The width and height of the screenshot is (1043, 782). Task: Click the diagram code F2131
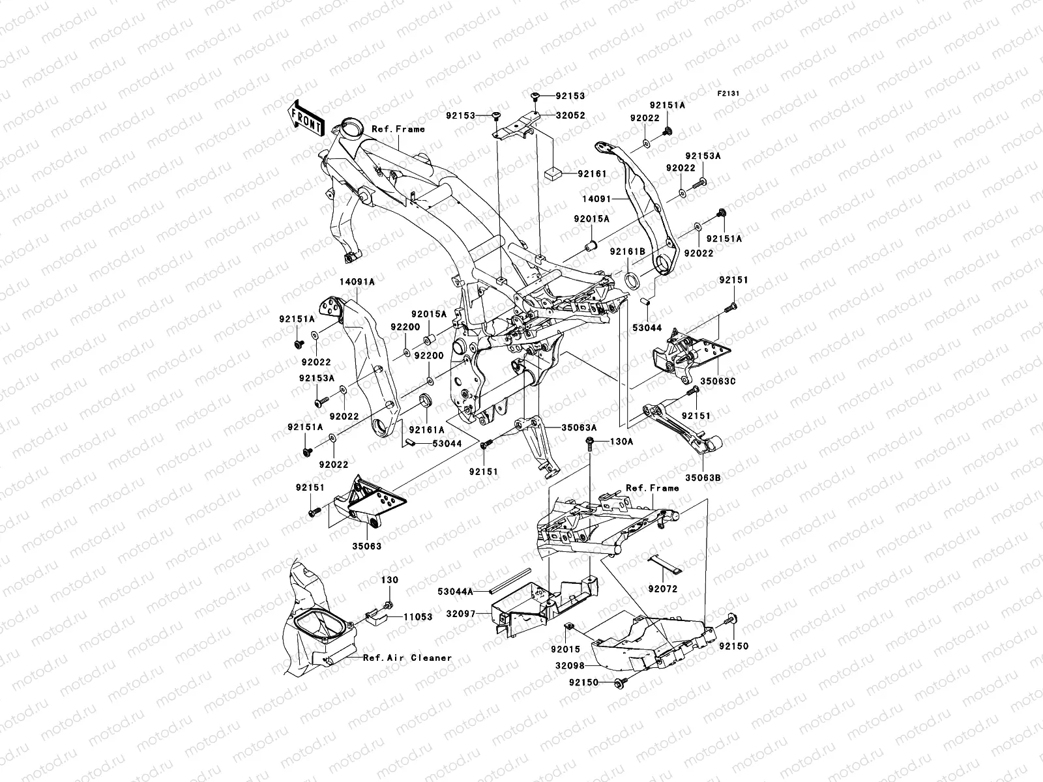tap(729, 94)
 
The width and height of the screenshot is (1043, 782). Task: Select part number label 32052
tap(570, 115)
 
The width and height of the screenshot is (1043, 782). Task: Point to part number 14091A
tap(357, 282)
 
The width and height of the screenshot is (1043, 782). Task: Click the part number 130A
tap(621, 441)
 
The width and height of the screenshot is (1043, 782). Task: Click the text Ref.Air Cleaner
tap(407, 658)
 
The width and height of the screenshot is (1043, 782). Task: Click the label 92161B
tap(627, 251)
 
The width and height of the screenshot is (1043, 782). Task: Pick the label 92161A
tap(426, 429)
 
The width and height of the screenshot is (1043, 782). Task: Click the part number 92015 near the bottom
tap(564, 650)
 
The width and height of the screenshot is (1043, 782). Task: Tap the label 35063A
tap(580, 427)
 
